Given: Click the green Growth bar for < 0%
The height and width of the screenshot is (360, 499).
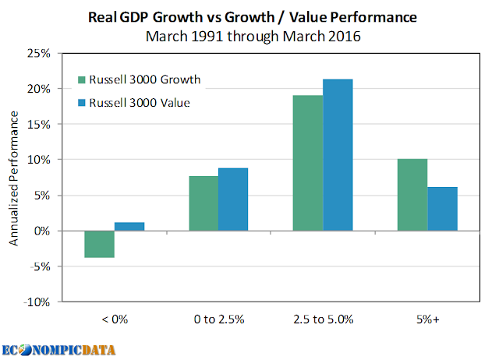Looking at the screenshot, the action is (99, 244).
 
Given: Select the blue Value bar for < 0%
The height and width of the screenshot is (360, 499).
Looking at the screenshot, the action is (129, 227).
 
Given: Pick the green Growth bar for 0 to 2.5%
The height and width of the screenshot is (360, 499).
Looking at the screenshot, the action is (203, 203).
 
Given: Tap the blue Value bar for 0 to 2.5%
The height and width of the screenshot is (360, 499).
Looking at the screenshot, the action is (233, 199).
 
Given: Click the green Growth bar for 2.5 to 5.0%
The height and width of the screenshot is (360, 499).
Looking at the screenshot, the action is (308, 163).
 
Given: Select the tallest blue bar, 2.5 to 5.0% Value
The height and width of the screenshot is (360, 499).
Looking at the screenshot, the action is (338, 155).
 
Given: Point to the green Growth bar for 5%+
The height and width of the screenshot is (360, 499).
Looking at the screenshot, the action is (412, 195).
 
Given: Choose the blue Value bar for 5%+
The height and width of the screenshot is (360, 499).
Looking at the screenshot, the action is (442, 209).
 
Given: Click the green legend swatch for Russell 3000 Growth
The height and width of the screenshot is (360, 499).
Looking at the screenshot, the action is (82, 79).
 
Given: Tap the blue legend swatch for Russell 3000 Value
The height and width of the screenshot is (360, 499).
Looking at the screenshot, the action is (82, 103).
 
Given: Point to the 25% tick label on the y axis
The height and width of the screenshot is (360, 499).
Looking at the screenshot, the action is (38, 53).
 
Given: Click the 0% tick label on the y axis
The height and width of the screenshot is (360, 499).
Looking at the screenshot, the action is (42, 231).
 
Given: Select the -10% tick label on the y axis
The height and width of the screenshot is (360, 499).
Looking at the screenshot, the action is (37, 302).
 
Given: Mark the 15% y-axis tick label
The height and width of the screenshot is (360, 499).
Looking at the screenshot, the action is (38, 125).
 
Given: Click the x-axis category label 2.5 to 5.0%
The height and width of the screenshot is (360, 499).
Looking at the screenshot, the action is (324, 319).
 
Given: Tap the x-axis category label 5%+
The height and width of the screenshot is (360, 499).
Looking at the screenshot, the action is (428, 319).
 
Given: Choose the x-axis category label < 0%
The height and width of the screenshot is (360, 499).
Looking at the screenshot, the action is (115, 319).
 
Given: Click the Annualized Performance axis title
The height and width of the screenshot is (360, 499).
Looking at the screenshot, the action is (14, 178).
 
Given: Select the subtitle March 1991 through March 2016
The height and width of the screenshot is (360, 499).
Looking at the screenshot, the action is (253, 37).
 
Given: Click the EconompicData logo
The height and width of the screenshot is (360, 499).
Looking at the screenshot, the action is (58, 350).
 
